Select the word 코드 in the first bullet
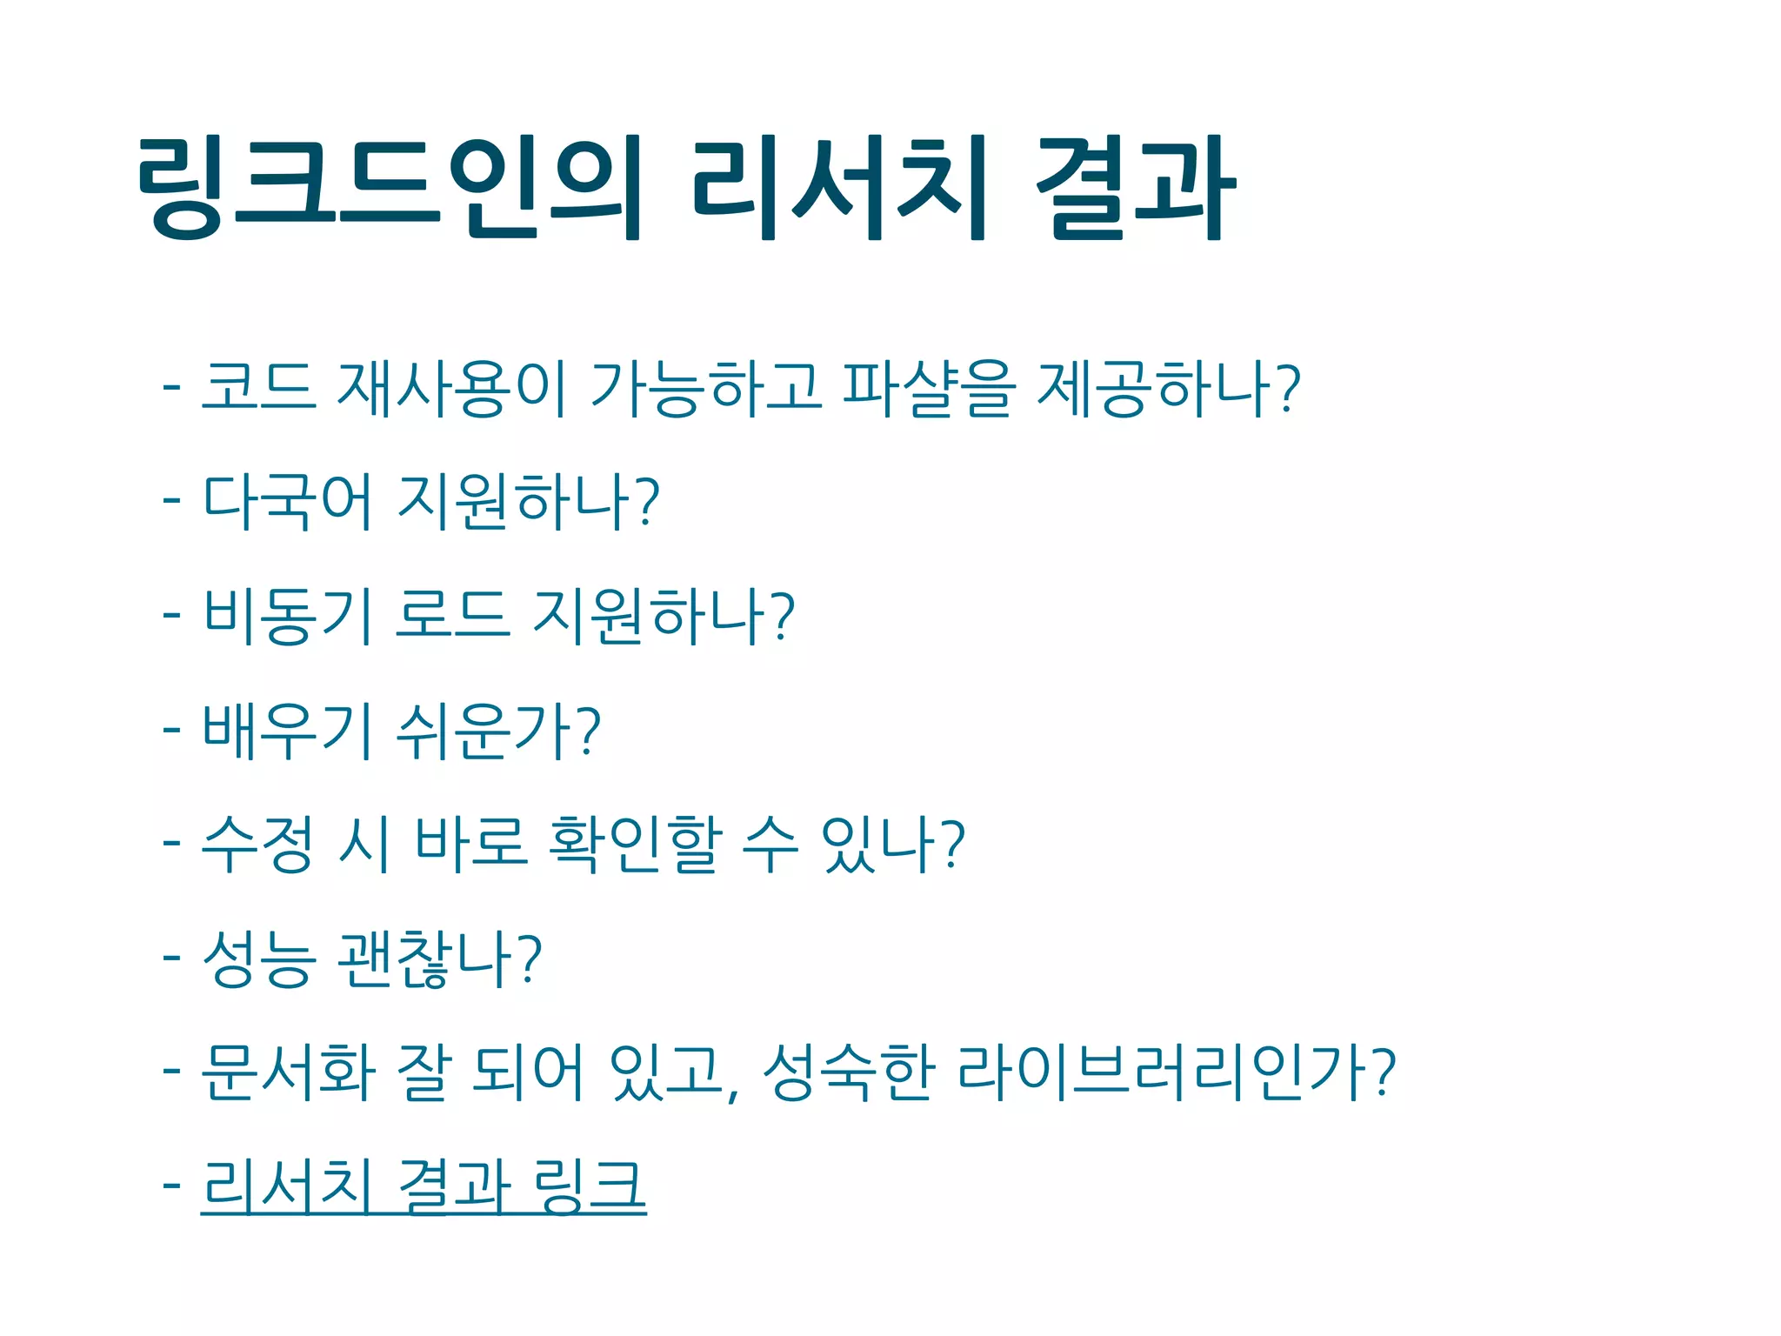click(258, 388)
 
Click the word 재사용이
click(452, 388)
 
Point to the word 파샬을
click(929, 388)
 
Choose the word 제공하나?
click(1170, 388)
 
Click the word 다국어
click(288, 502)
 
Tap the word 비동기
click(289, 616)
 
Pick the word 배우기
click(289, 731)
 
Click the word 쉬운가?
click(498, 731)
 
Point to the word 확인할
click(636, 845)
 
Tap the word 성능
click(258, 959)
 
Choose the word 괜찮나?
click(440, 959)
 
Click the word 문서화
click(289, 1072)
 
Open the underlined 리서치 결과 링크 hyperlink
click(424, 1186)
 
